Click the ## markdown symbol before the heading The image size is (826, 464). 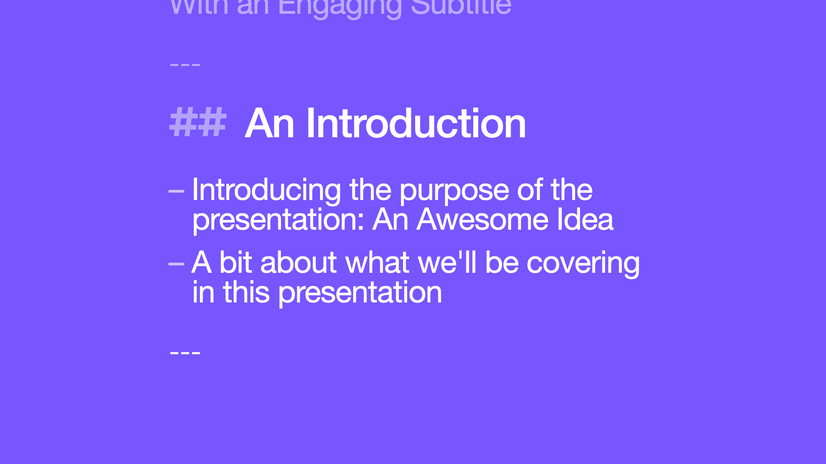coord(197,123)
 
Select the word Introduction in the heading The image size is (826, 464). coord(416,123)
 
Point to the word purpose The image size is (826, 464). coord(454,190)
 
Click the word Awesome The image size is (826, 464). coord(482,220)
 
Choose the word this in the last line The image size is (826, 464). coord(246,292)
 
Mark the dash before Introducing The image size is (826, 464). coord(176,190)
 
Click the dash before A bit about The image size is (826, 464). coord(176,263)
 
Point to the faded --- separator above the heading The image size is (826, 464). coord(185,65)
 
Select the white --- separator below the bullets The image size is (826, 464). coord(185,353)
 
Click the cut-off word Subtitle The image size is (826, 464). coord(461,7)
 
